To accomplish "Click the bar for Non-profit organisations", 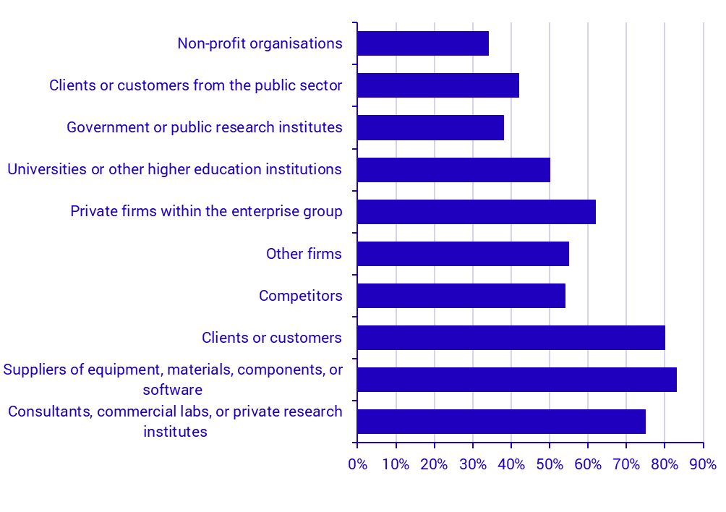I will click(x=423, y=43).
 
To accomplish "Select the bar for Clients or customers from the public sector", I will click(x=438, y=85).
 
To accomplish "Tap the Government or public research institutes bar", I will click(x=430, y=127).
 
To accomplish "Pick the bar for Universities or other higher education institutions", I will click(x=453, y=169).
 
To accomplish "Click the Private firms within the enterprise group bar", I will click(x=477, y=211).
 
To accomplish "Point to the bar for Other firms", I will click(x=463, y=254).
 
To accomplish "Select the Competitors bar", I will click(x=461, y=296).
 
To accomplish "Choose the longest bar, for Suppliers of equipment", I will click(x=517, y=380).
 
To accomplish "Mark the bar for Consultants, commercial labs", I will click(x=501, y=422).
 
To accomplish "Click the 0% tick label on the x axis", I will click(x=357, y=464).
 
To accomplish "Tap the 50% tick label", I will click(x=550, y=464).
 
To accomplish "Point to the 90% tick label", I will click(x=703, y=464).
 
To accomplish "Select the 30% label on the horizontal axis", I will click(x=473, y=464).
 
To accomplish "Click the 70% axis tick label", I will click(x=626, y=464).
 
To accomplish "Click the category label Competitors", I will click(x=300, y=296).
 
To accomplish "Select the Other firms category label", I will click(x=304, y=254).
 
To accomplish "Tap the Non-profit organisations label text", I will click(x=260, y=43).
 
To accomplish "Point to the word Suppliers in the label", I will click(x=33, y=370).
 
